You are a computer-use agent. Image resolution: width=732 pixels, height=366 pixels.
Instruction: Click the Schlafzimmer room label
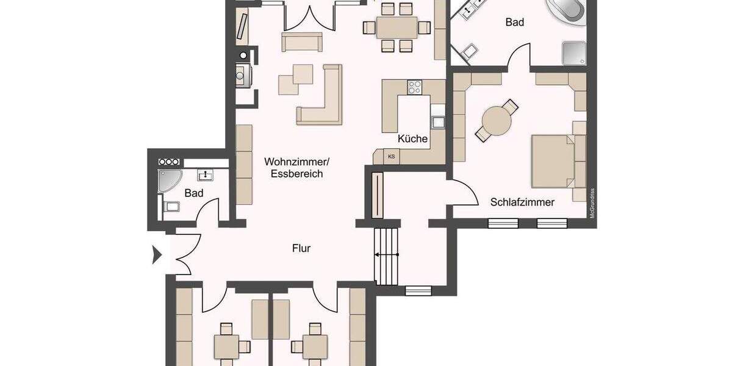(522, 202)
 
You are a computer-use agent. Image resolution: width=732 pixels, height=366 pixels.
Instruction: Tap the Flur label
(301, 248)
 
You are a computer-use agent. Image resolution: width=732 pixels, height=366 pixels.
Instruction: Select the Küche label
(412, 139)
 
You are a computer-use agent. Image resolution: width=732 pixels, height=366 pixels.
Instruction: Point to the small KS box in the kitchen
(391, 157)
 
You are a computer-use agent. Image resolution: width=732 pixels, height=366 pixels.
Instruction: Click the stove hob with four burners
(415, 87)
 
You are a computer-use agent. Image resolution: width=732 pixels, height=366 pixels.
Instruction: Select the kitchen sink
(438, 121)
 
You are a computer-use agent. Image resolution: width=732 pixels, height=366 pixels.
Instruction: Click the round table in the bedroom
(497, 121)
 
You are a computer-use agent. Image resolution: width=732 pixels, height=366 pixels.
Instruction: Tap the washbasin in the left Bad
(206, 176)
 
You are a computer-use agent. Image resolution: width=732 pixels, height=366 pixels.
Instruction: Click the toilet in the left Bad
(171, 206)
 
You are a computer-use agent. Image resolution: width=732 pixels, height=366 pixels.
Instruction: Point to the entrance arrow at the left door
(156, 254)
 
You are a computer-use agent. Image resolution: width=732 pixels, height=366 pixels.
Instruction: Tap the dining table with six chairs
(396, 27)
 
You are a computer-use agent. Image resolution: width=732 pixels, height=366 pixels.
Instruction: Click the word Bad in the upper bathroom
(515, 23)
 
